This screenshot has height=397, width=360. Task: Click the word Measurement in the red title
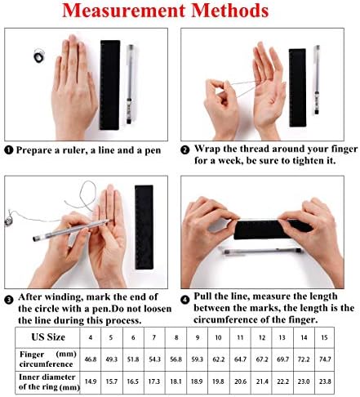(124, 11)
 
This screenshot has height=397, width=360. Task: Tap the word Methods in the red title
(230, 11)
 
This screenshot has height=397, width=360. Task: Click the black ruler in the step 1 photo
(109, 85)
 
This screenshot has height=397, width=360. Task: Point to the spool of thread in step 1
(38, 56)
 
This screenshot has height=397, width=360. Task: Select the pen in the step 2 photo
(317, 80)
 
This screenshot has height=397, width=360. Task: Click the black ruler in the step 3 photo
(144, 227)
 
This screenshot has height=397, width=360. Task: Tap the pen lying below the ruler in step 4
(262, 251)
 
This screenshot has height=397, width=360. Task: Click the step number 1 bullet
(9, 150)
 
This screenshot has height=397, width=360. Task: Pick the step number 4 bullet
(185, 300)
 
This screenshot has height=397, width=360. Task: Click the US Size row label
(48, 337)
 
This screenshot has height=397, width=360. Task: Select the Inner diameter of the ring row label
(49, 381)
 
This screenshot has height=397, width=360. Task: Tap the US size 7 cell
(154, 337)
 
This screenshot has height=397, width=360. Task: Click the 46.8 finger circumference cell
(91, 359)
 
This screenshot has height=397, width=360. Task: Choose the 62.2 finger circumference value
(219, 359)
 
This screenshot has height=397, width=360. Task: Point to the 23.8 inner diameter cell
(325, 381)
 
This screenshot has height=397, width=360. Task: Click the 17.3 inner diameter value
(154, 381)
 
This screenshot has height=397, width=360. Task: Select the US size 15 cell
(324, 337)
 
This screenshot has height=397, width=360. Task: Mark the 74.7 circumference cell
(325, 359)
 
